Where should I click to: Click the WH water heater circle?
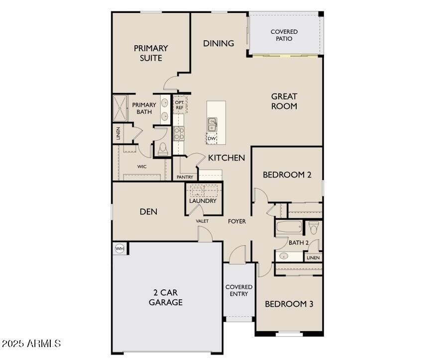(119, 249)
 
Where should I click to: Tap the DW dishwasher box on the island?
(212, 138)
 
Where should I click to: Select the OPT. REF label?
(180, 105)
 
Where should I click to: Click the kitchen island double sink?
(212, 125)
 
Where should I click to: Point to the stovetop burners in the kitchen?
(179, 134)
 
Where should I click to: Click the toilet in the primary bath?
(163, 149)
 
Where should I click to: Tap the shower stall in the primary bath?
(119, 108)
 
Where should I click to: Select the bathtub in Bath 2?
(289, 227)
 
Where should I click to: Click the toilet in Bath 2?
(314, 228)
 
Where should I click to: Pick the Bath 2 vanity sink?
(284, 256)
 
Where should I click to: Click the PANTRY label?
(185, 178)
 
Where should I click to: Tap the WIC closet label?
(142, 167)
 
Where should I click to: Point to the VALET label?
(202, 221)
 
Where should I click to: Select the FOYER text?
(237, 221)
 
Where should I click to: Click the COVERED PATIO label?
(284, 35)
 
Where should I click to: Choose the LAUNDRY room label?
(203, 201)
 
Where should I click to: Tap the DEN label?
(148, 211)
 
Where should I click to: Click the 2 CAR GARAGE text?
(166, 297)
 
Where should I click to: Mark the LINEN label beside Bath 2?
(313, 258)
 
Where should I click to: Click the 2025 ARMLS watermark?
(31, 343)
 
